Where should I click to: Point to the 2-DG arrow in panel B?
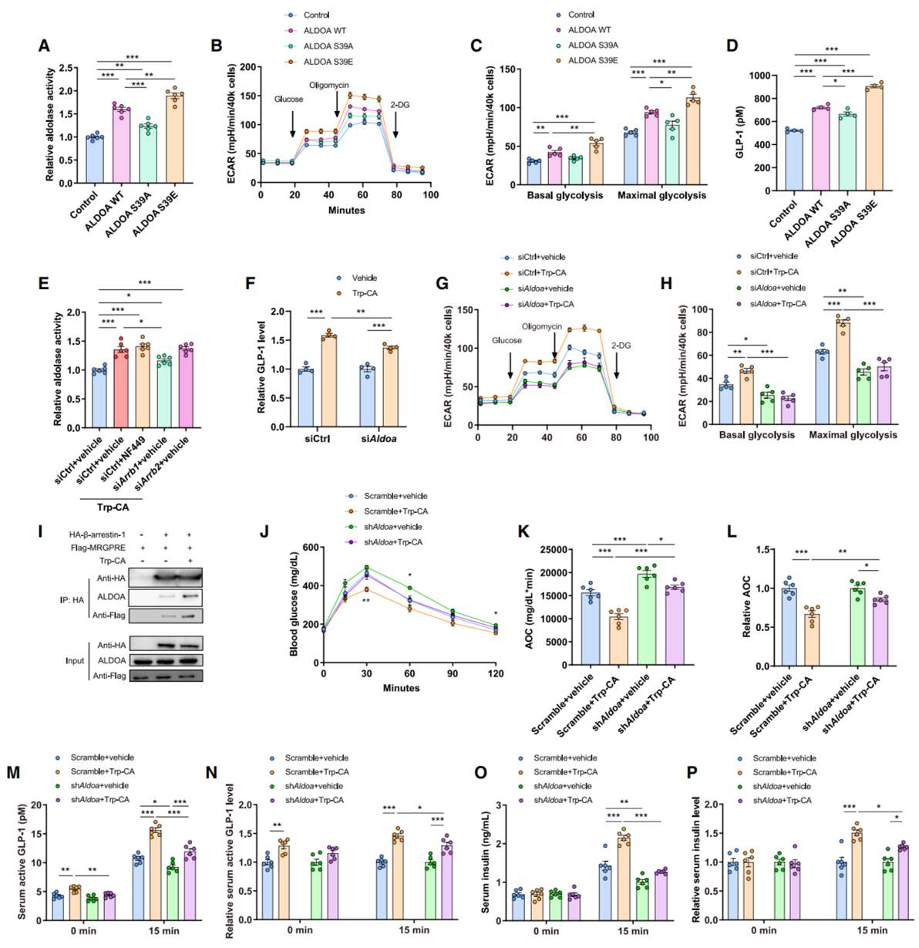coord(395,123)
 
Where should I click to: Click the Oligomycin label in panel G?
coord(542,326)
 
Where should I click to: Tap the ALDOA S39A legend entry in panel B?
coord(328,46)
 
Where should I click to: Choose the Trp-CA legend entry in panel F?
coord(365,293)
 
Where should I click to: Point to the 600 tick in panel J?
coord(311,548)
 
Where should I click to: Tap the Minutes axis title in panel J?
coord(401,688)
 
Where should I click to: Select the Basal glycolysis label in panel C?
coord(564,195)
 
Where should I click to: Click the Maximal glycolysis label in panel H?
coord(853,435)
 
